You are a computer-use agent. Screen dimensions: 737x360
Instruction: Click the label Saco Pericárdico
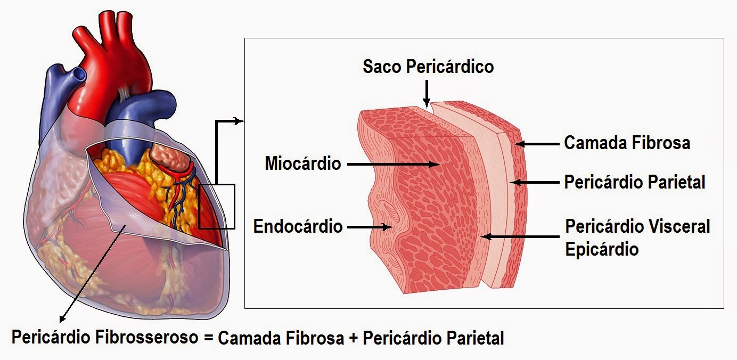[x=428, y=67]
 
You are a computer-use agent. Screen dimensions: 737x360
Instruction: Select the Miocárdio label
[x=302, y=163]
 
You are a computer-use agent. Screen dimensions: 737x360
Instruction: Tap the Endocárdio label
[x=298, y=226]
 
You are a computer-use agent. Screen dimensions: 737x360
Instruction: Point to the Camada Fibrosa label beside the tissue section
[x=627, y=143]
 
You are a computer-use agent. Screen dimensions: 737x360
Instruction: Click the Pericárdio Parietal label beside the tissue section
[x=635, y=182]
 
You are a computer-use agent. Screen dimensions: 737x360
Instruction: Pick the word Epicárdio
[x=602, y=249]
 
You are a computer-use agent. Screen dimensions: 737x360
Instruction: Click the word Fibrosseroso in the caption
[x=146, y=337]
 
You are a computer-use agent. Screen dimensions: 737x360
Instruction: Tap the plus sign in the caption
[x=354, y=339]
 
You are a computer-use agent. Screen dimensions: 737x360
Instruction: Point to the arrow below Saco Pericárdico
[x=427, y=94]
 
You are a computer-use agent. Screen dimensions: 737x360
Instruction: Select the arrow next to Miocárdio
[x=393, y=164]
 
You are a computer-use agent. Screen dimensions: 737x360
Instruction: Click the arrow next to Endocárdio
[x=370, y=227]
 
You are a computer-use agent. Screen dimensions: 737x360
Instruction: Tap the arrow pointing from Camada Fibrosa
[x=537, y=144]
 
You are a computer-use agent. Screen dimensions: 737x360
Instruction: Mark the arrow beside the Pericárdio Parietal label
[x=535, y=182]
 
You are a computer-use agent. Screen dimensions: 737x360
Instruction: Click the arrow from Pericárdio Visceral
[x=520, y=236]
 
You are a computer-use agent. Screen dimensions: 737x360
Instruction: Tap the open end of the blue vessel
[x=79, y=74]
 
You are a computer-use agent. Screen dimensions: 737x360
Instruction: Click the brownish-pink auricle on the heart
[x=170, y=157]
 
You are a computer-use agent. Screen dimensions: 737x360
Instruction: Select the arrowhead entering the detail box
[x=239, y=121]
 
